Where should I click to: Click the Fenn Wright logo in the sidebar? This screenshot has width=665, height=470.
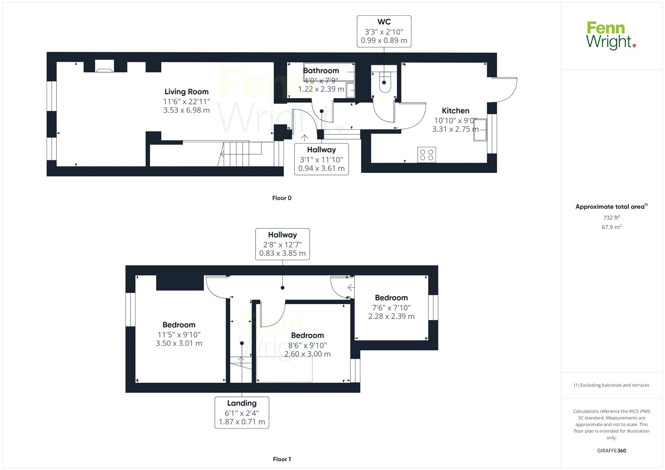[x=611, y=35]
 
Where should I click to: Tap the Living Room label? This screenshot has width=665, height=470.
[x=187, y=92]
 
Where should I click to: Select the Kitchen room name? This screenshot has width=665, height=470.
[x=456, y=111]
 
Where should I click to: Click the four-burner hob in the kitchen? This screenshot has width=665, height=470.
[x=426, y=155]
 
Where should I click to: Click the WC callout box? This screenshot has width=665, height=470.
[x=384, y=31]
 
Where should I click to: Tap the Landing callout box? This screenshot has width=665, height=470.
[x=241, y=412]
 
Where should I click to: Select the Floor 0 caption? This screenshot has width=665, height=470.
[x=282, y=198]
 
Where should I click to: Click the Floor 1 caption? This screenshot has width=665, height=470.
[x=282, y=459]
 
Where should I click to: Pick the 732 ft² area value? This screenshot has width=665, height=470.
[x=611, y=217]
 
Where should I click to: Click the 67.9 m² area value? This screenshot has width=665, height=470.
[x=611, y=227]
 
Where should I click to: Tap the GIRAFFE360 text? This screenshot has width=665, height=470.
[x=611, y=450]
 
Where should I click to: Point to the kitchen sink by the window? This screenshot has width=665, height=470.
[x=480, y=130]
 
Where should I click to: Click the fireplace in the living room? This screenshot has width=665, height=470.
[x=104, y=66]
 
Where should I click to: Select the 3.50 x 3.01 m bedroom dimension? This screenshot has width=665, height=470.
[x=179, y=343]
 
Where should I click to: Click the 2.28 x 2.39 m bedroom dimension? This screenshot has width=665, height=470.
[x=391, y=316]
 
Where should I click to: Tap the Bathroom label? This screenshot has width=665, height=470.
[x=321, y=71]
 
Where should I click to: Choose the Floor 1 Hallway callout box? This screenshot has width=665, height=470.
[x=282, y=244]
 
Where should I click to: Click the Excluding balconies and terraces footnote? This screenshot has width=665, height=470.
[x=611, y=385]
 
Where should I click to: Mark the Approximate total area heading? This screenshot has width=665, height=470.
[x=611, y=207]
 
